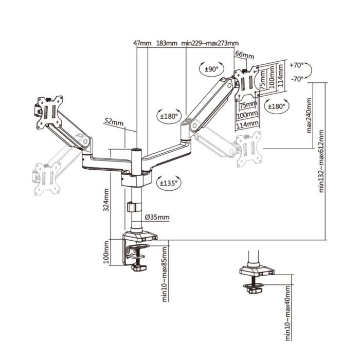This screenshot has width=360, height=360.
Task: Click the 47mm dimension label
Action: pyautogui.click(x=142, y=43)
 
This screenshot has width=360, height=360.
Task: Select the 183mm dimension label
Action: pyautogui.click(x=167, y=43)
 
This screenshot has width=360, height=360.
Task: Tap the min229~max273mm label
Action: pyautogui.click(x=210, y=43)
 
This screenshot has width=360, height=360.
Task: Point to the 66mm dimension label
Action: pyautogui.click(x=245, y=56)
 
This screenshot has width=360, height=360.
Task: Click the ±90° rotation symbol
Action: pyautogui.click(x=211, y=68)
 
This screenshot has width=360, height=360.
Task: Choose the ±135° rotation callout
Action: pyautogui.click(x=169, y=183)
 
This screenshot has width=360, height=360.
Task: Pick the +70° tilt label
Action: pyautogui.click(x=297, y=65)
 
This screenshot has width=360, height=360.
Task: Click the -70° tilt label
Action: pyautogui.click(x=297, y=79)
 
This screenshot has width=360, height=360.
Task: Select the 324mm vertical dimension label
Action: pyautogui.click(x=106, y=200)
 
